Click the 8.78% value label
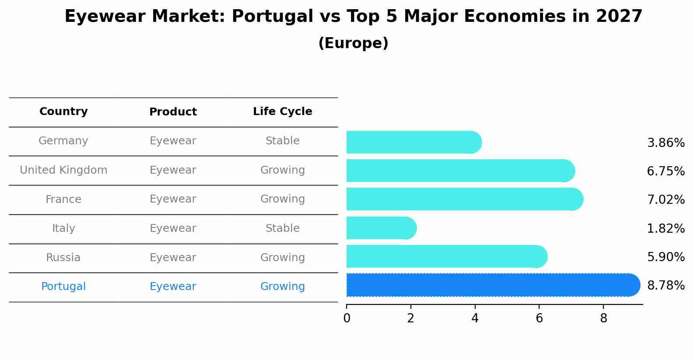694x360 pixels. click(666, 286)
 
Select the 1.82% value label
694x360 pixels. click(666, 228)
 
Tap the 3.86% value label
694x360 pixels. click(666, 143)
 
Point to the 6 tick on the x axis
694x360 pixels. click(539, 318)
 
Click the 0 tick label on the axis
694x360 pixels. click(347, 318)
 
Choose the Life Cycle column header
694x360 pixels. click(282, 112)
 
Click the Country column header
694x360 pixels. click(63, 112)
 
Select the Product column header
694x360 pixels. click(173, 112)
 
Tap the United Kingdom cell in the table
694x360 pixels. click(63, 170)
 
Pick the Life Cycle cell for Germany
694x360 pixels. click(282, 141)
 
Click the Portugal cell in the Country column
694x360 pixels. click(63, 287)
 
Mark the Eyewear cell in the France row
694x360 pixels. click(173, 199)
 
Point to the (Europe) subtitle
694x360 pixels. click(353, 43)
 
